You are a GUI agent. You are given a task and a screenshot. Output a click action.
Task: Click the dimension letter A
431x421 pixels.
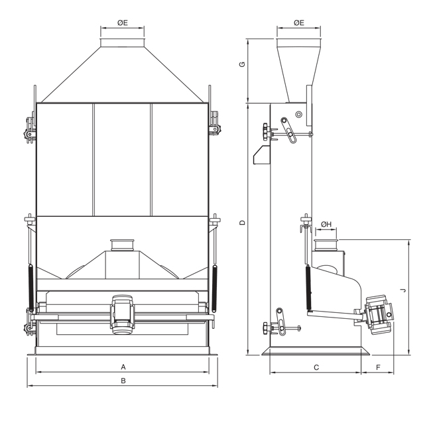coord(123,367)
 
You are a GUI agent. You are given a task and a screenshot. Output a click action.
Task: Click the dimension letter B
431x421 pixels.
coord(123,381)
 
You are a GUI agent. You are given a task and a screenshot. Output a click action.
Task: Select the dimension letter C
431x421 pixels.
coord(316,367)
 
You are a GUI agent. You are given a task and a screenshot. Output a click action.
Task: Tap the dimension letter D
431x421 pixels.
coord(243,222)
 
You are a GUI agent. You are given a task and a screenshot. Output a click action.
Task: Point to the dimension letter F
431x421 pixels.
coord(377,367)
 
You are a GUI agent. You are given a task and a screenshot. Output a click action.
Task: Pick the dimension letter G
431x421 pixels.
coord(243,65)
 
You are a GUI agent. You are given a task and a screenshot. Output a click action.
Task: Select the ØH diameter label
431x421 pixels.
coord(325,225)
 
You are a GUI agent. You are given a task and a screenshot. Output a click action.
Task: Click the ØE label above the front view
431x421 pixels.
coord(123,23)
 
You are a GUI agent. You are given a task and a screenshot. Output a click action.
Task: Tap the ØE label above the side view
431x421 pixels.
coord(299,23)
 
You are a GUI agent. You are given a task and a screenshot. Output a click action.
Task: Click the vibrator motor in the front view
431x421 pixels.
coord(123,313)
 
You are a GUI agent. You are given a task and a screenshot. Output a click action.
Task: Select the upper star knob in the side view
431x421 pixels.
coord(267,131)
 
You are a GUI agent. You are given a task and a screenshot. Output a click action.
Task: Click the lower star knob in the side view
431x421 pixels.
coord(267,328)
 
